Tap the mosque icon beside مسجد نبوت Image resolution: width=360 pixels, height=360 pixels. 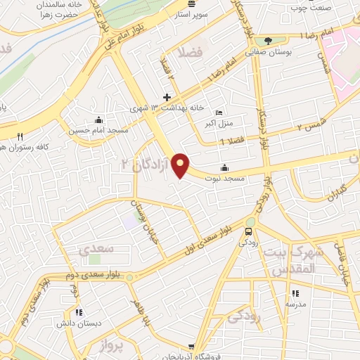[x=224, y=167]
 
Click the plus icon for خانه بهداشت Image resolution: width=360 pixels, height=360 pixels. [x=167, y=98]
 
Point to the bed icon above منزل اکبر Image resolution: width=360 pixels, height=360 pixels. [x=219, y=112]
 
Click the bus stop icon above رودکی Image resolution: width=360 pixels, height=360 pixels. [x=249, y=231]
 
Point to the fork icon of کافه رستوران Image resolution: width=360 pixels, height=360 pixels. [x=20, y=136]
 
